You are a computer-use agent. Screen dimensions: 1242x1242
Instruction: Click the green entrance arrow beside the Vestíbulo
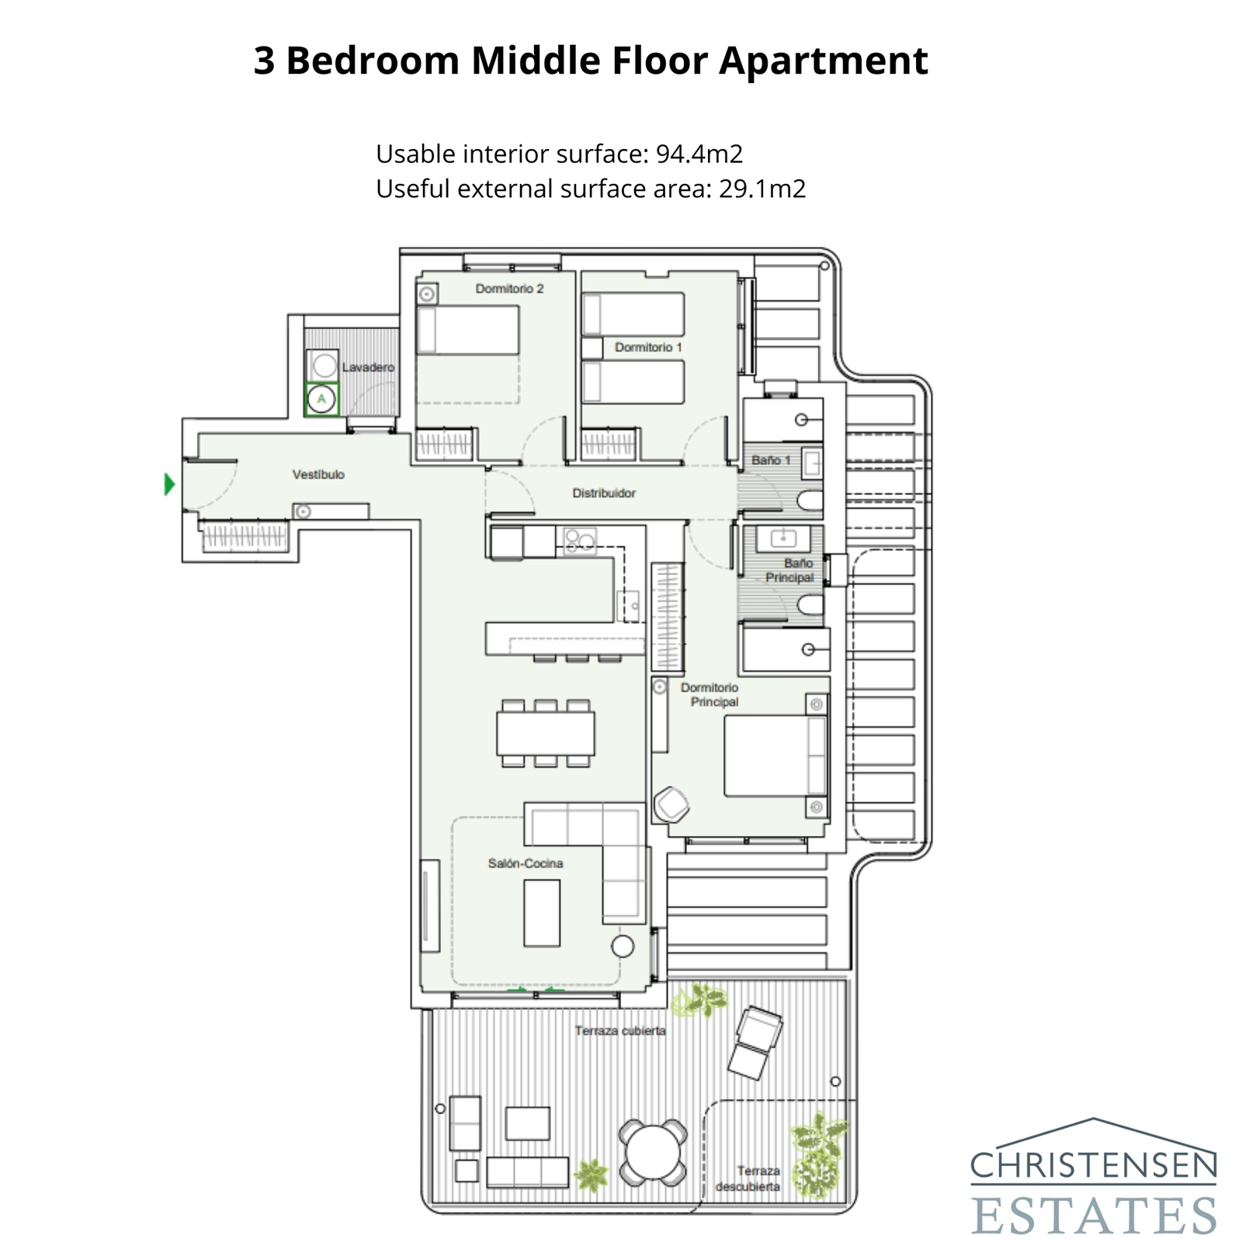pos(169,484)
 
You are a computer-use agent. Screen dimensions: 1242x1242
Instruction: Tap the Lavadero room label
pos(368,367)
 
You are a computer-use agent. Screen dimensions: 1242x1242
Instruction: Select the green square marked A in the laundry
pos(321,400)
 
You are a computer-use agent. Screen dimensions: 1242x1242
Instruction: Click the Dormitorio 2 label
pos(509,289)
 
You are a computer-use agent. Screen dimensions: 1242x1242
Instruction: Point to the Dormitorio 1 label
pos(648,347)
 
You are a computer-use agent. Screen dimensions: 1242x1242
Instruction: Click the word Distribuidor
pos(604,493)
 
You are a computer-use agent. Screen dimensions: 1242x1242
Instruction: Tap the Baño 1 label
pos(770,460)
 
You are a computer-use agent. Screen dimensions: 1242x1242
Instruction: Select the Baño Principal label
pos(791,571)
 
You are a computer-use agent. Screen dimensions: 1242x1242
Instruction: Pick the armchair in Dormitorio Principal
pos(671,805)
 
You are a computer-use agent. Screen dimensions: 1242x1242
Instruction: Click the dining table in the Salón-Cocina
pos(546,733)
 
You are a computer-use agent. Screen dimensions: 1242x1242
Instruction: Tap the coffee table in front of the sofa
pos(542,913)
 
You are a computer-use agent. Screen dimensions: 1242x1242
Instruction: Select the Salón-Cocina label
pos(526,863)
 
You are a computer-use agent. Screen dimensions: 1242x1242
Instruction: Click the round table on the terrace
pos(653,1152)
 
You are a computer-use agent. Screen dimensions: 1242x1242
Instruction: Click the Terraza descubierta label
pos(748,1178)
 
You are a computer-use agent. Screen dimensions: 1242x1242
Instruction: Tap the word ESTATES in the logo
pos(1093,1215)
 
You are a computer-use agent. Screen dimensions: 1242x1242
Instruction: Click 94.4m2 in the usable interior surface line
pos(699,154)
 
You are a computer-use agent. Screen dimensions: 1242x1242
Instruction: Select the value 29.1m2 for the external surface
pos(762,189)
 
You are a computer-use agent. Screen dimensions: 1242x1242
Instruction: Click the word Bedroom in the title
pos(373,61)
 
